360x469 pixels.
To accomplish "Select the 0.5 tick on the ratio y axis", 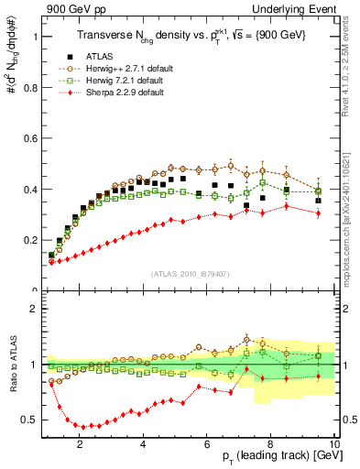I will (x=30, y=420).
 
